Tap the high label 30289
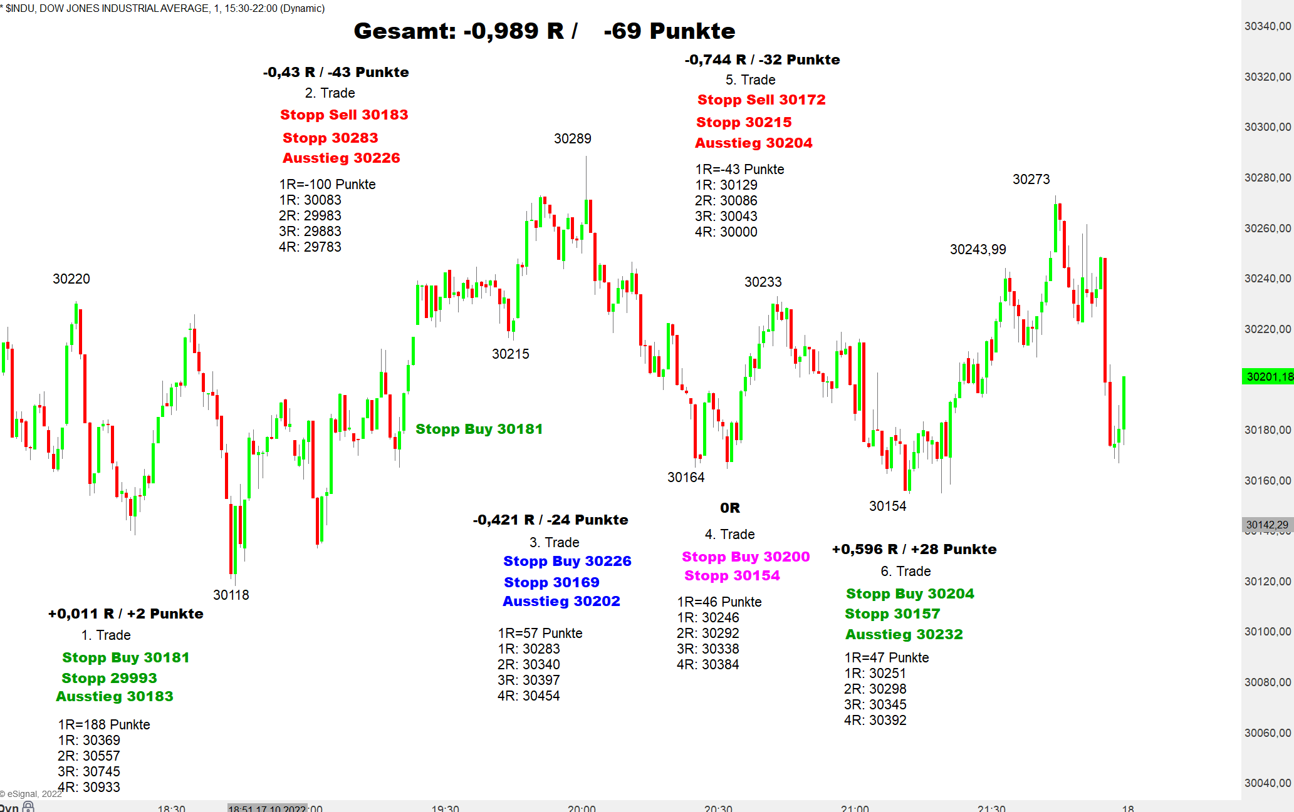coord(572,138)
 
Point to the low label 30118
coord(231,595)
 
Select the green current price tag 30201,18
coord(1268,376)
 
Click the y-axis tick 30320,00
coord(1267,76)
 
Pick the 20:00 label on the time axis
coord(582,808)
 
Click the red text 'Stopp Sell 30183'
coord(344,115)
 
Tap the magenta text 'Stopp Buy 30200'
coord(746,557)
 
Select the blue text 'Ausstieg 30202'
coord(561,601)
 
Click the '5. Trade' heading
coord(750,80)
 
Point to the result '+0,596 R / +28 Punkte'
coord(914,549)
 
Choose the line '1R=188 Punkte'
coord(104,724)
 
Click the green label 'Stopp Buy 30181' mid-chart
coord(479,429)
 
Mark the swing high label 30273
coord(1031,179)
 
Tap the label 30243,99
coord(978,249)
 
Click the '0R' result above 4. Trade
coord(729,508)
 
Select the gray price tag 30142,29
coord(1267,525)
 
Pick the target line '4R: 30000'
coord(726,232)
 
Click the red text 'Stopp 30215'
coord(743,122)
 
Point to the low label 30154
coord(887,506)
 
